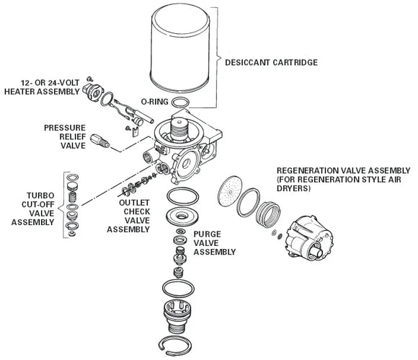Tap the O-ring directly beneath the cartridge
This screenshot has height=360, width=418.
(x=183, y=102)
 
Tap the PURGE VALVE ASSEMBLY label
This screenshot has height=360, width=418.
(x=215, y=244)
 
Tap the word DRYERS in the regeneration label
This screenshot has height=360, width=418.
(x=291, y=189)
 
